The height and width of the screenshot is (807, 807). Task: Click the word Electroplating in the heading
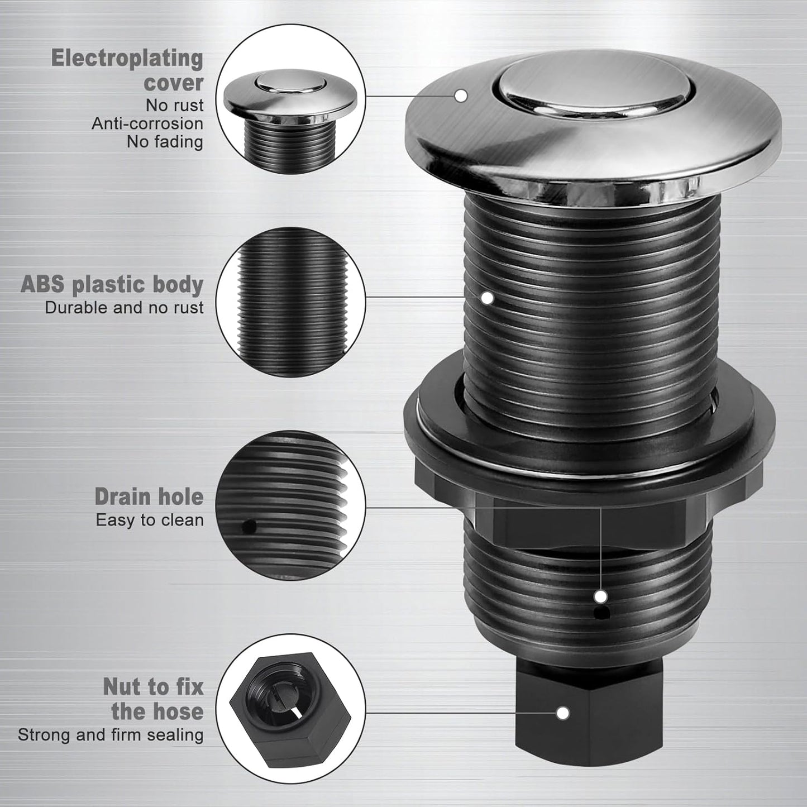127,58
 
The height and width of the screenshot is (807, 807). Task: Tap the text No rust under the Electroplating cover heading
174,105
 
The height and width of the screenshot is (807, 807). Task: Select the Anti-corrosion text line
147,123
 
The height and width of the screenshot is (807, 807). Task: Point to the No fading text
164,142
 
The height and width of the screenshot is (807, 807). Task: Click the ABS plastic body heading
112,284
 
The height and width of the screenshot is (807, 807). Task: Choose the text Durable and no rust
124,308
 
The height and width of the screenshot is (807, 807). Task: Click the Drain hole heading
149,496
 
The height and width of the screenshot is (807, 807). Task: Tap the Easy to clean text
149,520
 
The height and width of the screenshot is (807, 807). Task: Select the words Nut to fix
153,686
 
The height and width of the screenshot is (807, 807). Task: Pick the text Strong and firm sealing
111,734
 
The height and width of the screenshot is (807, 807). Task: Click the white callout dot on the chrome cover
461,95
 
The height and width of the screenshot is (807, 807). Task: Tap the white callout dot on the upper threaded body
488,298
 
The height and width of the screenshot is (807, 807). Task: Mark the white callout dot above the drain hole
601,596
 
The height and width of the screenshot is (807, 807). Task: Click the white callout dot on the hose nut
563,713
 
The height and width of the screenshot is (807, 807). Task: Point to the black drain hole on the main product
601,614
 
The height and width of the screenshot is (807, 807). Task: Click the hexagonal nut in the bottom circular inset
290,704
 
